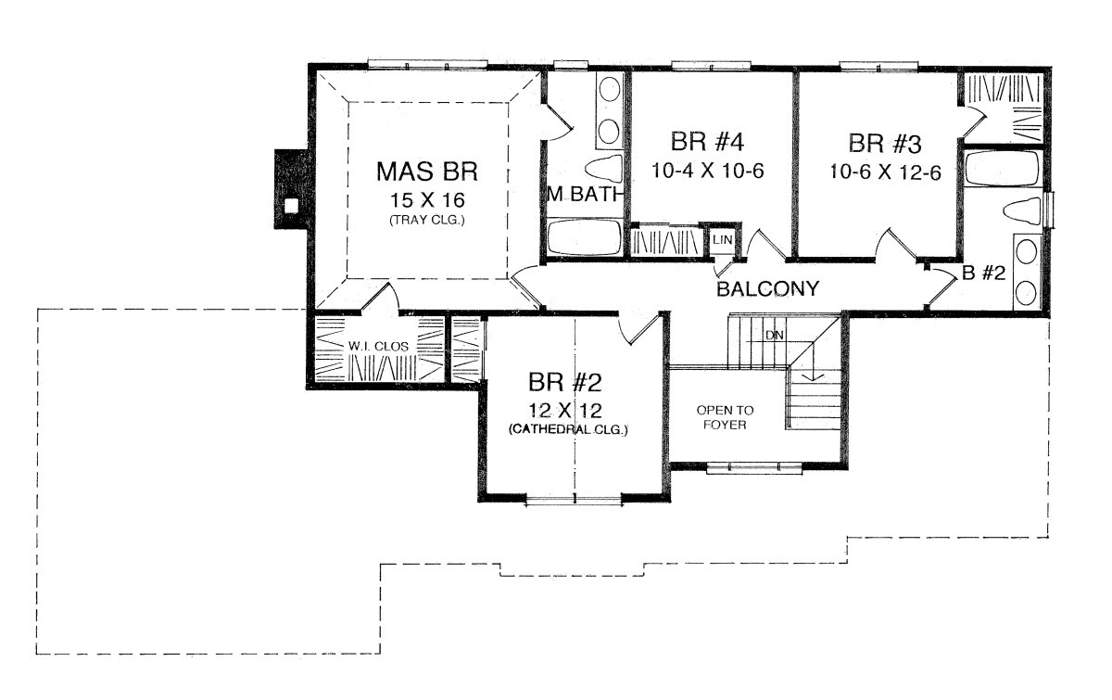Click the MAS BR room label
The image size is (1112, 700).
427,172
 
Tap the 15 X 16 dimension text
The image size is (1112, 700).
427,200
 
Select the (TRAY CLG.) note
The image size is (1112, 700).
427,220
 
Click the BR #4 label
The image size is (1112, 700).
707,142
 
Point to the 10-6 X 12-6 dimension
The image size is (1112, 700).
885,172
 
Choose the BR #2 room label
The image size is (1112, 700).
565,383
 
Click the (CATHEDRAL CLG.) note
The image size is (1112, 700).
568,430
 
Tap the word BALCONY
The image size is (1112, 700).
767,288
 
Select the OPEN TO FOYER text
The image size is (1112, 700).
725,417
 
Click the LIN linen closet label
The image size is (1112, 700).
722,240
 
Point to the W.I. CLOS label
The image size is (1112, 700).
378,346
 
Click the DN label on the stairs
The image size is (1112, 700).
775,336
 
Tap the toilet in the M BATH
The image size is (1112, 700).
603,169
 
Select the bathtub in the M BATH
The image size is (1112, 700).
585,237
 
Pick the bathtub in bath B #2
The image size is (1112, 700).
1003,168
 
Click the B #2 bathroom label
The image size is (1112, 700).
983,273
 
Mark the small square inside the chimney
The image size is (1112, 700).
291,205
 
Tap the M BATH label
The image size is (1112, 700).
585,195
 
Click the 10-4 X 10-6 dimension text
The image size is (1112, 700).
707,172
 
